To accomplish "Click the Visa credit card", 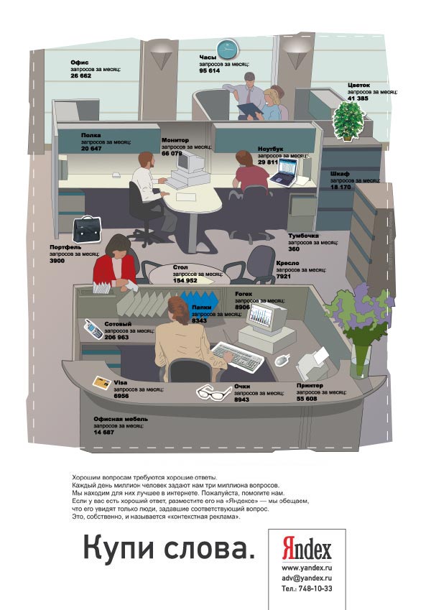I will (100, 382).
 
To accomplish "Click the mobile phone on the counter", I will (92, 328).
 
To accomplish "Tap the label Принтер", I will (310, 385).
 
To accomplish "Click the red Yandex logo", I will (307, 550).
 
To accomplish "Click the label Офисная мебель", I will (121, 419).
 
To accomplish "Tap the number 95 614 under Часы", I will (209, 70).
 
